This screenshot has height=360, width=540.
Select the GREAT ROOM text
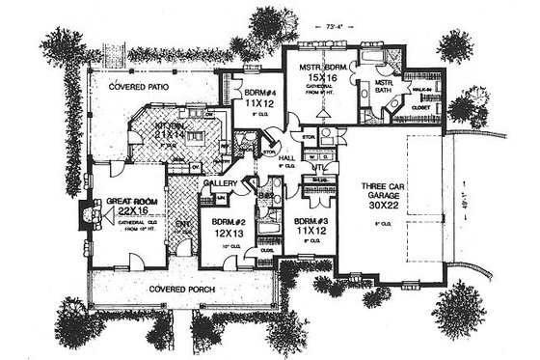pos(113,201)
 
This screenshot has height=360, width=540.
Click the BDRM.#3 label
pos(302,221)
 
